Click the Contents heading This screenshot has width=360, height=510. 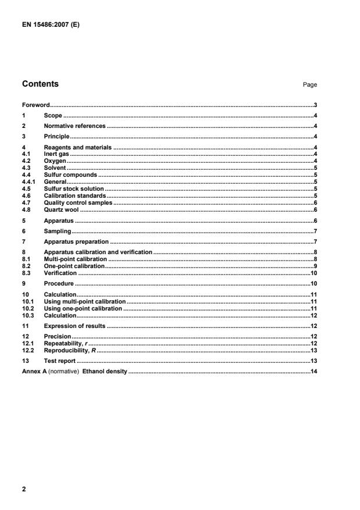(x=40, y=84)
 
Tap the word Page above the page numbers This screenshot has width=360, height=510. (x=309, y=85)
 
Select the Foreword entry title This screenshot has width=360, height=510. (x=36, y=105)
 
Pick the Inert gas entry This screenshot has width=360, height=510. (x=56, y=155)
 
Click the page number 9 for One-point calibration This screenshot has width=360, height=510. (x=314, y=265)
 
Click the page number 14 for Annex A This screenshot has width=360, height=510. (x=313, y=371)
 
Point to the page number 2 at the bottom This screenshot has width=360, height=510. (x=24, y=489)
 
